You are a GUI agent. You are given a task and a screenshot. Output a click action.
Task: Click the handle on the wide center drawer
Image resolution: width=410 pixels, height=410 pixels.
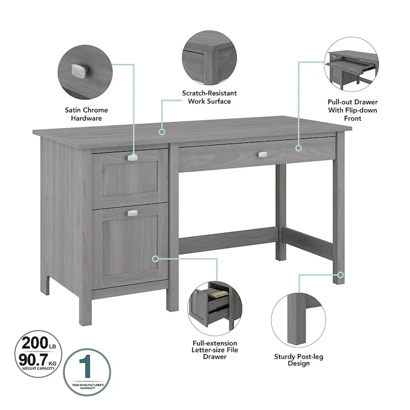click(263, 154)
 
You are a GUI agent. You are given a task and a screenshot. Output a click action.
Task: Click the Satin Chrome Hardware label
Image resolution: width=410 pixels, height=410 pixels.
click(87, 114)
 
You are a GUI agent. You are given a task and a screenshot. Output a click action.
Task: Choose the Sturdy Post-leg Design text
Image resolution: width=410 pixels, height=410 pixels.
click(298, 360)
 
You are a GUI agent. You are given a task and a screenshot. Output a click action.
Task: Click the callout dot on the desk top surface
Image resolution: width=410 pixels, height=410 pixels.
click(162, 132)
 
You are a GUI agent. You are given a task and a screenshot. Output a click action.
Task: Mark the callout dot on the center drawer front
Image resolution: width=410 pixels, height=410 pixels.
click(299, 148)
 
